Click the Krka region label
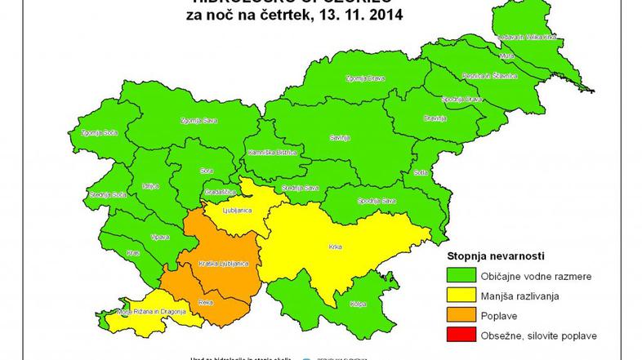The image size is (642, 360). tap(335, 246)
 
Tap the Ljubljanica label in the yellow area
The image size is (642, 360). tap(236, 210)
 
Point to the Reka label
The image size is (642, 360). tap(206, 303)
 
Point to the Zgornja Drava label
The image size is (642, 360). tap(363, 78)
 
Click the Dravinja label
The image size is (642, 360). tap(435, 118)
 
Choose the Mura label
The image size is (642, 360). tap(505, 56)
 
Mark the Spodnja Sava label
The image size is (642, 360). tap(377, 200)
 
